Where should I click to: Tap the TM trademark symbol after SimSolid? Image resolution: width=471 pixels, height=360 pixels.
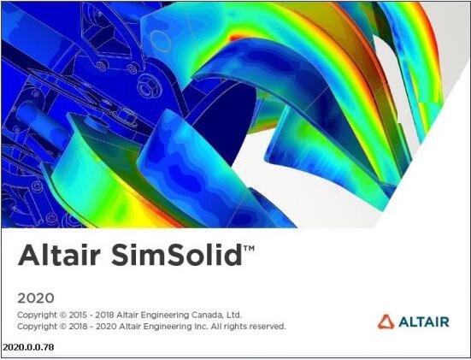click(x=249, y=249)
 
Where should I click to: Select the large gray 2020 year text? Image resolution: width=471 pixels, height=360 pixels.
click(x=36, y=298)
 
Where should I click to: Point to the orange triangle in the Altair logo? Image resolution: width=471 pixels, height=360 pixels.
click(x=386, y=322)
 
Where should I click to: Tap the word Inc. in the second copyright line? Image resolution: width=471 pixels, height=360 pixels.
click(x=198, y=327)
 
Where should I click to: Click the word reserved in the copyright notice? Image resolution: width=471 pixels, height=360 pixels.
click(x=267, y=327)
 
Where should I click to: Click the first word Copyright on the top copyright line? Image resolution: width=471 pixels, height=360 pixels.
click(x=36, y=315)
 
